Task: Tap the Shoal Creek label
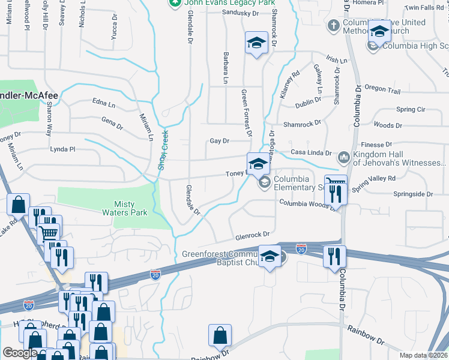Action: click(162, 150)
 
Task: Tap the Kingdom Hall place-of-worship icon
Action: click(344, 157)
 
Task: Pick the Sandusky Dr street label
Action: click(240, 13)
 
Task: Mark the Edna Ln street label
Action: click(103, 104)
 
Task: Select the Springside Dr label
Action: click(413, 194)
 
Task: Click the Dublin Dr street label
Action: click(309, 105)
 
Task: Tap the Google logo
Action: click(20, 353)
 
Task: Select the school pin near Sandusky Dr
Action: click(256, 44)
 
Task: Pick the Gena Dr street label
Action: click(112, 127)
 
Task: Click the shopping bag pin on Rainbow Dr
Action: click(220, 336)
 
